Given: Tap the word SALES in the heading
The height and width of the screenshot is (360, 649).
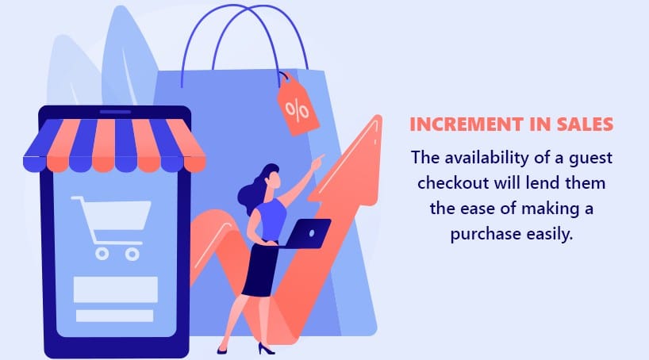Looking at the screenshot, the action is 585,124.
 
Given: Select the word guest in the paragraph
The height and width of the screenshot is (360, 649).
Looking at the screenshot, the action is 590,159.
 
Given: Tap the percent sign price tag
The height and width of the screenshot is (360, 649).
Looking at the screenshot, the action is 297,107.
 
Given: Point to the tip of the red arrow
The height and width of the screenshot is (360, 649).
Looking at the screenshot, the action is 378,117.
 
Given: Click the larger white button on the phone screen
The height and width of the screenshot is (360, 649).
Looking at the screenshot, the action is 116,289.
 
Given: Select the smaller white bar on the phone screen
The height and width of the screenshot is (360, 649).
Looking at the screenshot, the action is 115,316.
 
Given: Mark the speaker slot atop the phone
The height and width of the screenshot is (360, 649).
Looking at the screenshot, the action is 115,112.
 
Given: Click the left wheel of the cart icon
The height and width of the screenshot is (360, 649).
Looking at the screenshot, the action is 102,254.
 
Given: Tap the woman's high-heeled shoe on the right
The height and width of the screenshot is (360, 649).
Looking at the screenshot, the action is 266,349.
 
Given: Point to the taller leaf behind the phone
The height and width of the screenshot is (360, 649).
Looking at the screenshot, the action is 127,58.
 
